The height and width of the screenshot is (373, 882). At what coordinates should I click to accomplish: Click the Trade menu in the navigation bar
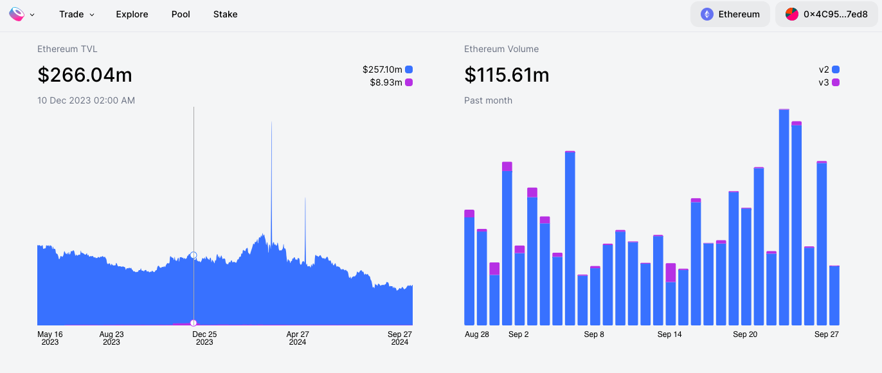[x=76, y=14]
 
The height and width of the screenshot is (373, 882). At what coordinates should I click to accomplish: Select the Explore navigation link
[x=132, y=14]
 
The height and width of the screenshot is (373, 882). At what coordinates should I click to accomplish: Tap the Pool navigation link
[x=181, y=14]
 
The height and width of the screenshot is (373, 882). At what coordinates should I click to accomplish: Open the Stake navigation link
[x=225, y=14]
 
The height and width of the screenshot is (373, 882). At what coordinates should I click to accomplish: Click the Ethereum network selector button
[x=730, y=14]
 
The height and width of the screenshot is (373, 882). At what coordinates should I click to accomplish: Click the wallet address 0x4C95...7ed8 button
[x=827, y=14]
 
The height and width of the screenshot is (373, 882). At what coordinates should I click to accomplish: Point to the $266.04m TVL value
[x=85, y=75]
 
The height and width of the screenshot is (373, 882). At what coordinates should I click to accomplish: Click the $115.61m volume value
[x=507, y=75]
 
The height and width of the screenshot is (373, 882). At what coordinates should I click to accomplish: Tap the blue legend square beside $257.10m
[x=409, y=69]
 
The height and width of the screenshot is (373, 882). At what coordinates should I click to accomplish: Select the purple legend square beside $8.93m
[x=409, y=82]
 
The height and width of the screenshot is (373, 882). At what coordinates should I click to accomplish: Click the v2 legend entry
[x=829, y=69]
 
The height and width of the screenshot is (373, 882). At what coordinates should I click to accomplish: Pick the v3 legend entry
[x=829, y=82]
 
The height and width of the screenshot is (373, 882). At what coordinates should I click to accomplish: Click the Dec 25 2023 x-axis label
[x=204, y=338]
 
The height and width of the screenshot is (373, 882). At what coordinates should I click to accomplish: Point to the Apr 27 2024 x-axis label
[x=298, y=338]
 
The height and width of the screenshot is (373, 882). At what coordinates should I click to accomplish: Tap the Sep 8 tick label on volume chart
[x=594, y=334]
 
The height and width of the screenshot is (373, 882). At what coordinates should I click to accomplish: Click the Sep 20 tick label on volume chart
[x=745, y=334]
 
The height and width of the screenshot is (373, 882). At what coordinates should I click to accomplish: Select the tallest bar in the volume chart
[x=784, y=217]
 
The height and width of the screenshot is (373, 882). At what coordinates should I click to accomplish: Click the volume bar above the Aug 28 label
[x=469, y=268]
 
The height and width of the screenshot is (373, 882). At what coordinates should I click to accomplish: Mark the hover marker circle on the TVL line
[x=194, y=255]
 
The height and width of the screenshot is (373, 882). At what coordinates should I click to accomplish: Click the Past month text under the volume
[x=489, y=100]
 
